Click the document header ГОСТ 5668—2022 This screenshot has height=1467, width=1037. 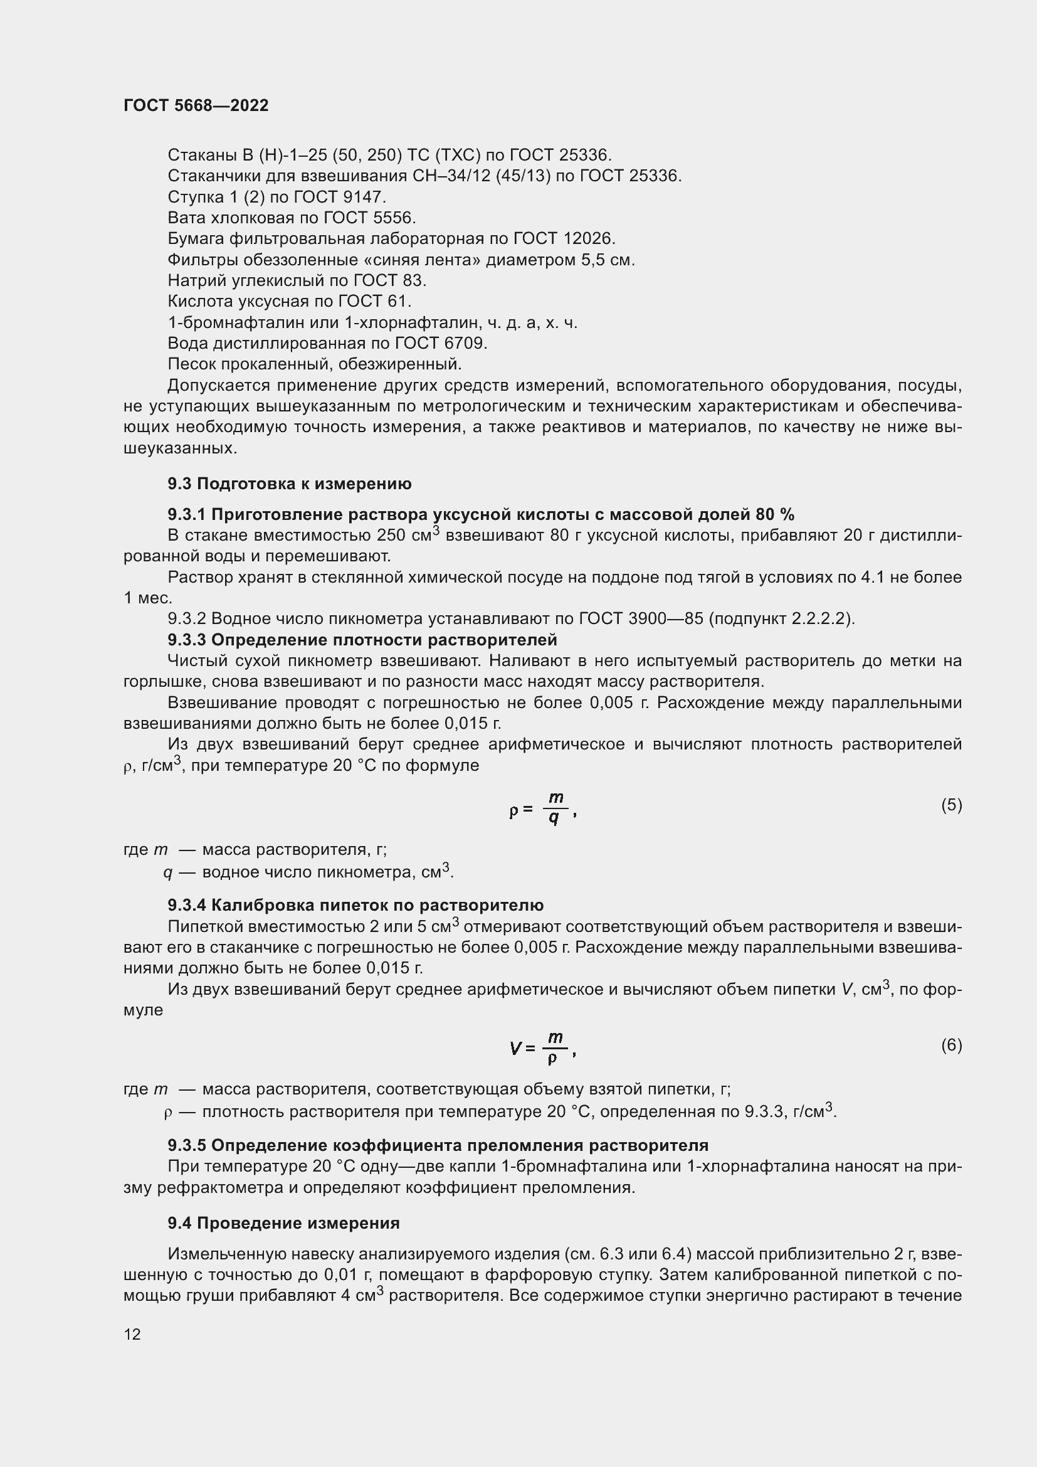[x=196, y=105]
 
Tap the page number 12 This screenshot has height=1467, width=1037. [x=132, y=1334]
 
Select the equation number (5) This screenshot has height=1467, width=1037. [x=951, y=805]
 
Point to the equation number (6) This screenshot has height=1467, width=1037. [x=951, y=1045]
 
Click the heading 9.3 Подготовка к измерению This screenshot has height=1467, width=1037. [x=289, y=484]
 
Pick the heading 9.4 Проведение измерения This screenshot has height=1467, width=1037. [x=283, y=1223]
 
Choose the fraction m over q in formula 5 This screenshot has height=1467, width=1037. [x=555, y=808]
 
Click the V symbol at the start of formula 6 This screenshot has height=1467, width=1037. [x=516, y=1049]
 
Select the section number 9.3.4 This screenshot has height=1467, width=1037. [x=187, y=906]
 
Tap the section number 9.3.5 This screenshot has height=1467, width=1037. [x=187, y=1145]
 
